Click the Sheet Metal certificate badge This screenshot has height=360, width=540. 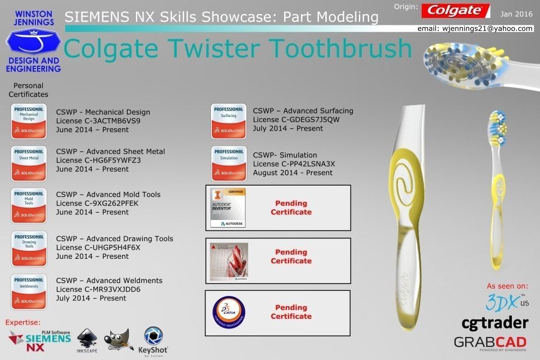coord(29,163)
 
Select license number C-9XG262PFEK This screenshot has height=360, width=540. coord(93,203)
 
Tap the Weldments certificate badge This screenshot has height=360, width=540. coord(29,291)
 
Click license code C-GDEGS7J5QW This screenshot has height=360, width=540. coord(296,119)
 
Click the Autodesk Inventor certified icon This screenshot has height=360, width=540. coord(228,208)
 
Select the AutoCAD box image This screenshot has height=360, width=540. coord(228,261)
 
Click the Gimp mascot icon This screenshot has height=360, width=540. coord(115,340)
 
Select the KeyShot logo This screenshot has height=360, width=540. coord(154,341)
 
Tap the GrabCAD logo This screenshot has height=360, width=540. coord(490,342)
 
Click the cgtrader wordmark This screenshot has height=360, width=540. coord(494,322)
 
